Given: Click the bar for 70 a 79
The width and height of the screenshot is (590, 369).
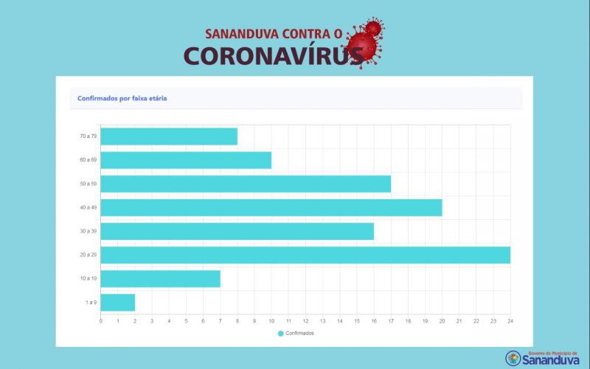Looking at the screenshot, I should point(169,137).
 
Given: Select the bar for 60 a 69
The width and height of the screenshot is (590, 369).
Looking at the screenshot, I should point(186,160).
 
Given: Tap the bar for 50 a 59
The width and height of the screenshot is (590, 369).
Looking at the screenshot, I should point(246,184).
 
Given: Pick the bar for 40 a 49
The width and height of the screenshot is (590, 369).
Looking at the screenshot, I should point(271,207).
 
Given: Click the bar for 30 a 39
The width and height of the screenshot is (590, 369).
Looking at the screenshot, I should point(237,231).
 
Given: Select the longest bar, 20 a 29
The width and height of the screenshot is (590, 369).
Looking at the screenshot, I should point(305,255).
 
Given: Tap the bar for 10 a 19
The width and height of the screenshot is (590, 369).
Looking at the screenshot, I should point(160,278).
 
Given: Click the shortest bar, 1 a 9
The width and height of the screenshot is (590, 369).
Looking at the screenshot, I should point(118,302).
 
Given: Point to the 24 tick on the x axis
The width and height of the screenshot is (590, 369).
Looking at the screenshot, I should point(510,321).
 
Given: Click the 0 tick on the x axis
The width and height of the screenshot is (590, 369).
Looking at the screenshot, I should point(101,321).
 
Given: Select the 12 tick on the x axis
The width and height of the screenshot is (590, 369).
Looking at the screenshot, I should point(305,321).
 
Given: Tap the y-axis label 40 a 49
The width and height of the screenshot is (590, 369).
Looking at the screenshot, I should point(88,207).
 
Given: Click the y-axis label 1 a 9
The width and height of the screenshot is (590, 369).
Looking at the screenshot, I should point(91,302).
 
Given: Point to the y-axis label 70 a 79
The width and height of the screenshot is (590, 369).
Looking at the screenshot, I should point(88,137).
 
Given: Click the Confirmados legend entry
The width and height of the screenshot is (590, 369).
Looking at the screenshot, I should point(296,334).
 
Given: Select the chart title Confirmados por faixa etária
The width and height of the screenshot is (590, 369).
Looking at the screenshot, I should point(122,98).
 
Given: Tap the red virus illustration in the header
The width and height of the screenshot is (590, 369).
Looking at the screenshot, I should point(367,41).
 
